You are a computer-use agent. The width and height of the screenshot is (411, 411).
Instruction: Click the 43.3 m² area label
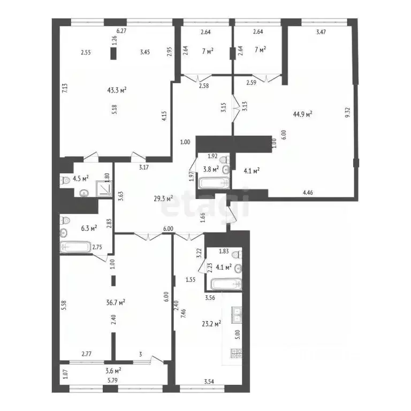[x=117, y=90]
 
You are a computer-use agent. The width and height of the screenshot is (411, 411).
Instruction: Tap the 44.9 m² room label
[x=303, y=113]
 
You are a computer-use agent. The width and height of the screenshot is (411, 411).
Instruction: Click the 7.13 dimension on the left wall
[x=64, y=88]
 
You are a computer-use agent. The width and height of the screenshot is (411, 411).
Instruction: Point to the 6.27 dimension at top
[x=121, y=32]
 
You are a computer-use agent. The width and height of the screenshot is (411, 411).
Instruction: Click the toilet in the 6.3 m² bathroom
[x=65, y=219]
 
